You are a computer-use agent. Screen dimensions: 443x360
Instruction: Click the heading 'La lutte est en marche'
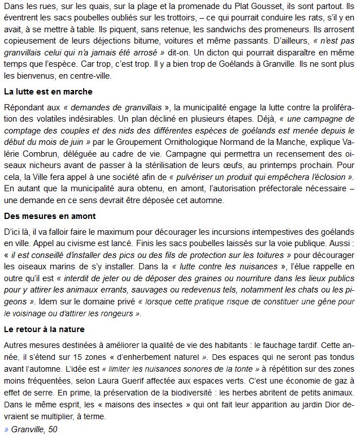(48, 91)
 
